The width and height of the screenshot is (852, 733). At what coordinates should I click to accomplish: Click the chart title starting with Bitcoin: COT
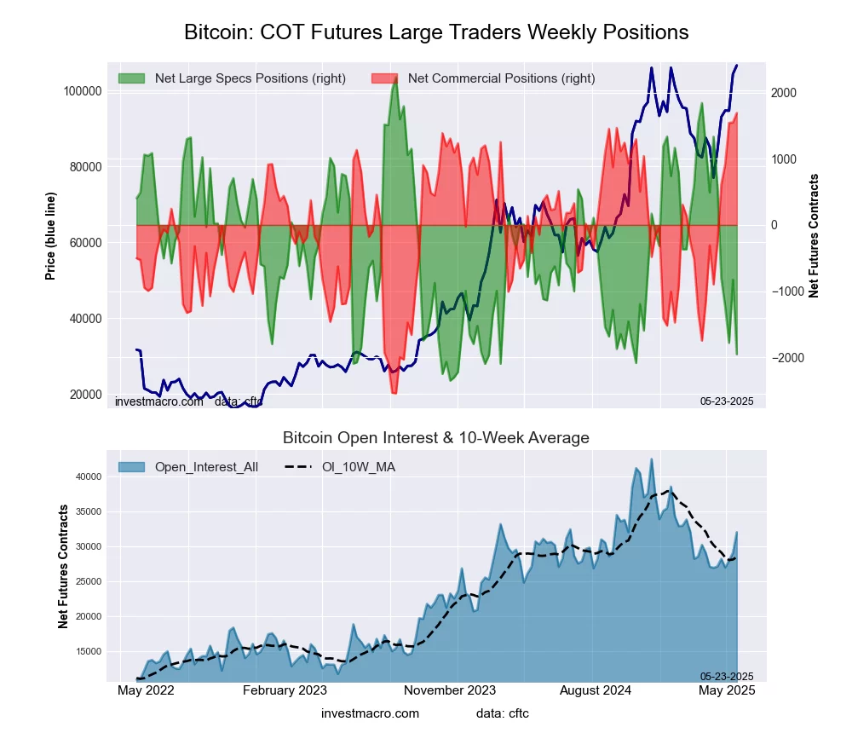(x=436, y=32)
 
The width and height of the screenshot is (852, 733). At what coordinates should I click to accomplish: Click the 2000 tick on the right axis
(x=785, y=93)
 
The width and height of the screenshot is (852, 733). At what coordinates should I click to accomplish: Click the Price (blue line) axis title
(x=51, y=236)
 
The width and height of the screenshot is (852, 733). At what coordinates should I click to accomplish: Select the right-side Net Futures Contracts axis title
(x=814, y=235)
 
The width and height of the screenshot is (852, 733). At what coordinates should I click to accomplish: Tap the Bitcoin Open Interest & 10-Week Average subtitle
(x=436, y=438)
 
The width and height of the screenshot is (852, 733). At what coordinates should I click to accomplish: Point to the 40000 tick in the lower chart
(x=90, y=477)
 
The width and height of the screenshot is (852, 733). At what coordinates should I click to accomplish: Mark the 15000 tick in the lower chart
(x=90, y=652)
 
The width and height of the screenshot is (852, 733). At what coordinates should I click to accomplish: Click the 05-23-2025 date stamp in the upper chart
(x=727, y=401)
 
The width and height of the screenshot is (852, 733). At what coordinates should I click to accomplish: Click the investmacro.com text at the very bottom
(x=370, y=713)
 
